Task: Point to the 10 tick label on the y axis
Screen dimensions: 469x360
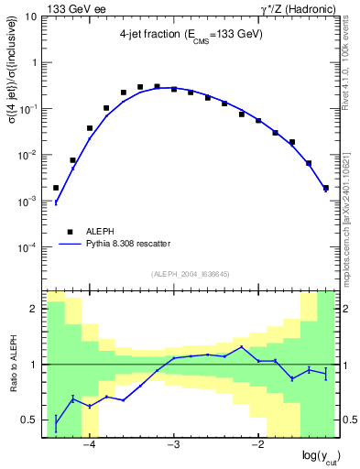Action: coord(30,16)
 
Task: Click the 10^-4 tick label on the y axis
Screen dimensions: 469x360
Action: coord(27,247)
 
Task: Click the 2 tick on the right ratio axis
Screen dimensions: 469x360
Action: coord(347,309)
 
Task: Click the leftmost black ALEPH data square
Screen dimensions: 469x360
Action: coord(56,188)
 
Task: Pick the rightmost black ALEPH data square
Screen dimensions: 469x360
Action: coord(326,188)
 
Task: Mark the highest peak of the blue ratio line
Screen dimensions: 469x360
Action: coord(242,347)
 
